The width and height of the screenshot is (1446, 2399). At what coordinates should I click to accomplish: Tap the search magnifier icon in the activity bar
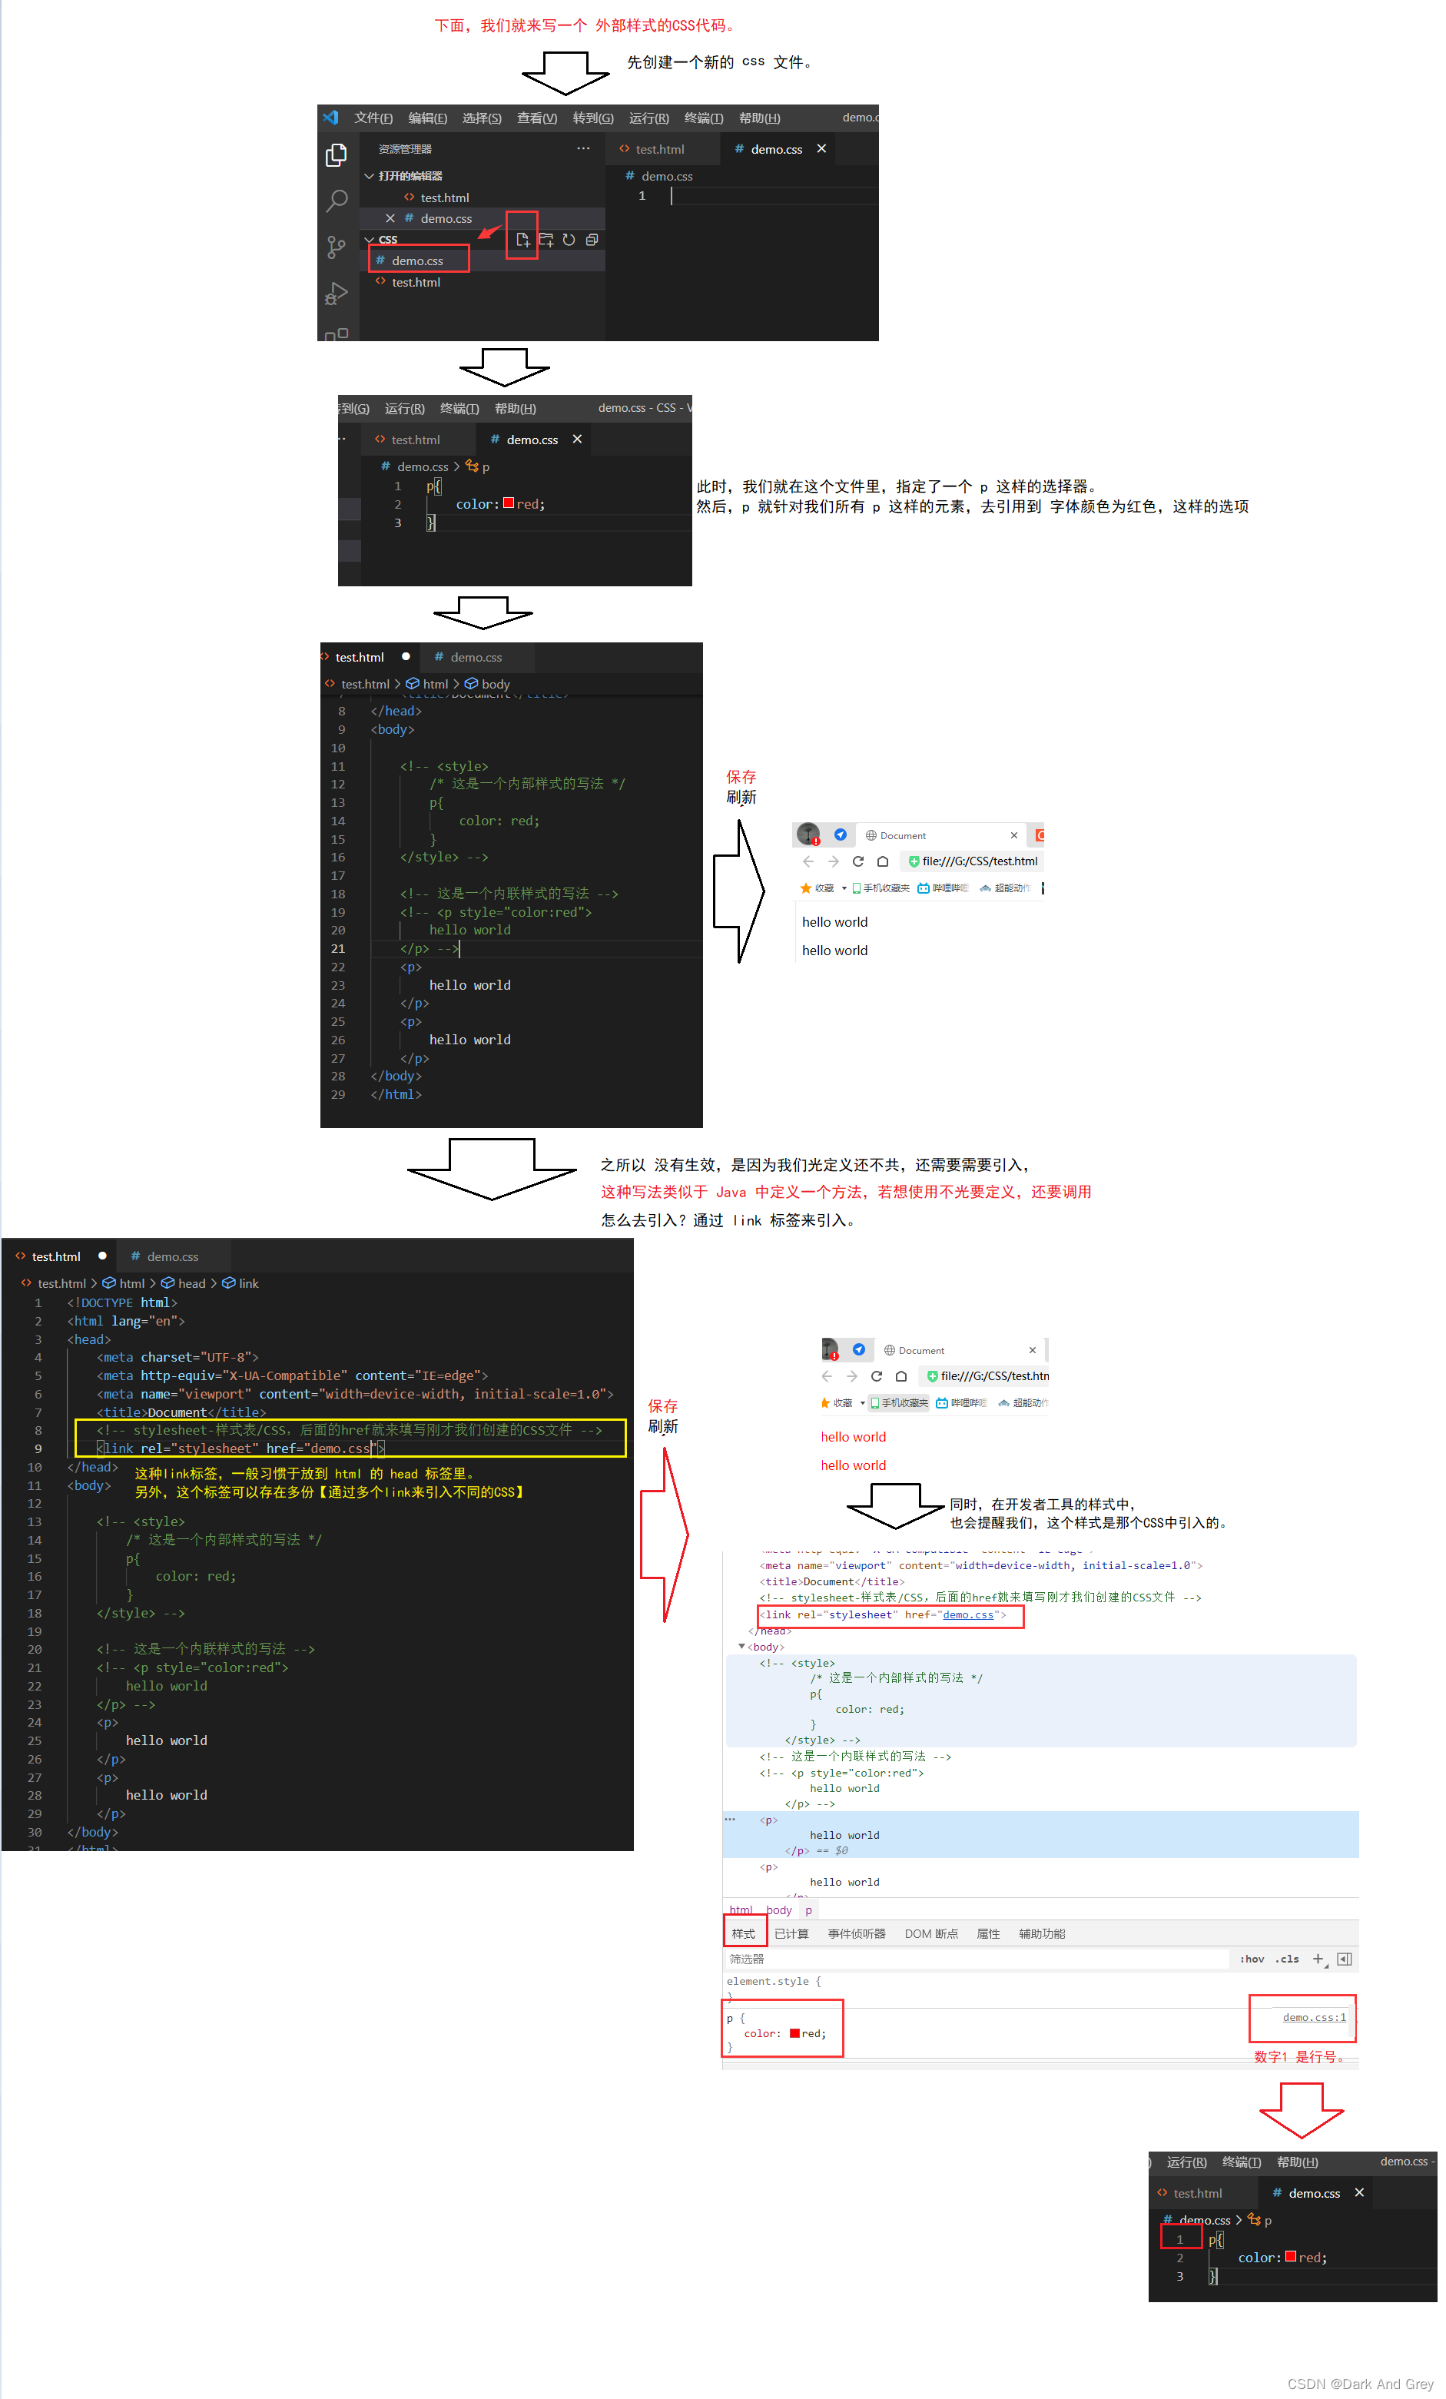(x=337, y=201)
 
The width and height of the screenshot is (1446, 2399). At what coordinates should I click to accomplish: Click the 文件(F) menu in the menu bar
(x=373, y=118)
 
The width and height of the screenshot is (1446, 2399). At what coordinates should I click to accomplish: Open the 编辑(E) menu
(x=427, y=118)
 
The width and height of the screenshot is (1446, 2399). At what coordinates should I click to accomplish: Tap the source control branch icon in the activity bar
(x=336, y=247)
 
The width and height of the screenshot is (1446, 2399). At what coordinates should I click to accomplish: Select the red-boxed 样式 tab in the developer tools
(x=743, y=1933)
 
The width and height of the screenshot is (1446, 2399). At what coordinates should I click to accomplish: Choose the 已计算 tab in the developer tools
(x=791, y=1933)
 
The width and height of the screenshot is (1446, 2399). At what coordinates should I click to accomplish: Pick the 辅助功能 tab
(x=1041, y=1933)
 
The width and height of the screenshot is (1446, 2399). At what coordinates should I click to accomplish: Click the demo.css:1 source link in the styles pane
(x=1314, y=2017)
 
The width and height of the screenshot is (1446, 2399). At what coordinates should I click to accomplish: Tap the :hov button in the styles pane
(x=1252, y=1959)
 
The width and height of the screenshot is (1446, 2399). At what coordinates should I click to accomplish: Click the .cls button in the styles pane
(x=1286, y=1959)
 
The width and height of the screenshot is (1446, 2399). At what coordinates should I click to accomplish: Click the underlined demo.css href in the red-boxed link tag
(x=968, y=1615)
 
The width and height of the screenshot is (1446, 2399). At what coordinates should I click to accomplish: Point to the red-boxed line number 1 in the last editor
(x=1179, y=2239)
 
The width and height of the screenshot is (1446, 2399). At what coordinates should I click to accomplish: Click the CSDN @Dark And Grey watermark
(x=1359, y=2384)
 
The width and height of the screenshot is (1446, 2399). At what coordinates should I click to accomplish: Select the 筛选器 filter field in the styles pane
(x=973, y=1959)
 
